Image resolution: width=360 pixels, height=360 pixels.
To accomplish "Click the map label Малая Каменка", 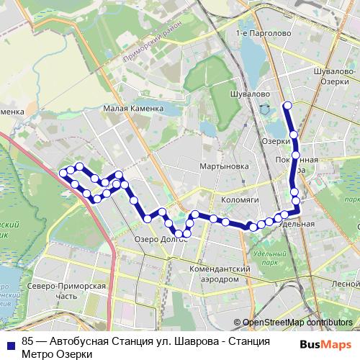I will tap(133, 109).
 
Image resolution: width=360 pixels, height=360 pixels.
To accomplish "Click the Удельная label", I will tap(297, 224).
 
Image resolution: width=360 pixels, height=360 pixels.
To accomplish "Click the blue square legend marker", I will tap(8, 341).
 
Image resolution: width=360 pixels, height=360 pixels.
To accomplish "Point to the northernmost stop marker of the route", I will tap(287, 106).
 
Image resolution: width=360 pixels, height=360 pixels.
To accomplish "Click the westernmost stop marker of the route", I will tap(63, 173).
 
